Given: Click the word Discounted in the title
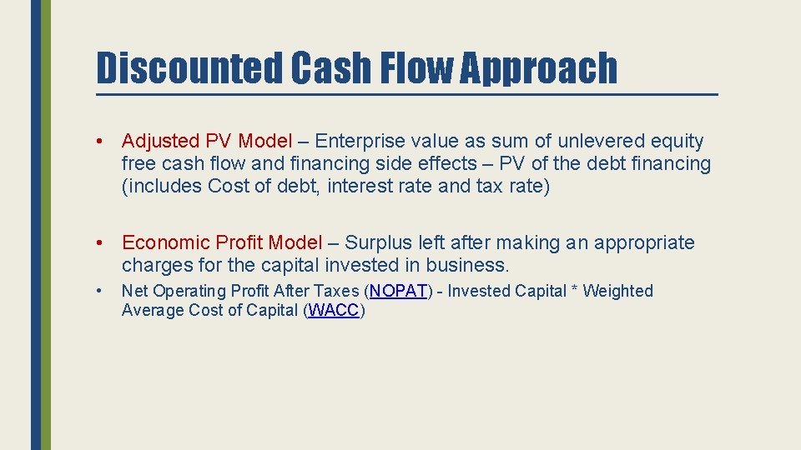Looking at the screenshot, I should pos(189,67).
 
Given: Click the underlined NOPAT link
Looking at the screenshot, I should pos(399,291).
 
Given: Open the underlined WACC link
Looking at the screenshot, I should pos(334,311).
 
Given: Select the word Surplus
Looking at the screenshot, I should pos(375,242).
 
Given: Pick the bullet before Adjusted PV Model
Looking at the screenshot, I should pos(99,142).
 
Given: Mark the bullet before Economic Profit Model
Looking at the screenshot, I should pos(99,242).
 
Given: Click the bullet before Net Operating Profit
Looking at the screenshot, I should pos(99,291).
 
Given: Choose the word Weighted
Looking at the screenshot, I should pos(617,291).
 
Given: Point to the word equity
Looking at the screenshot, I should pos(678,142).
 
